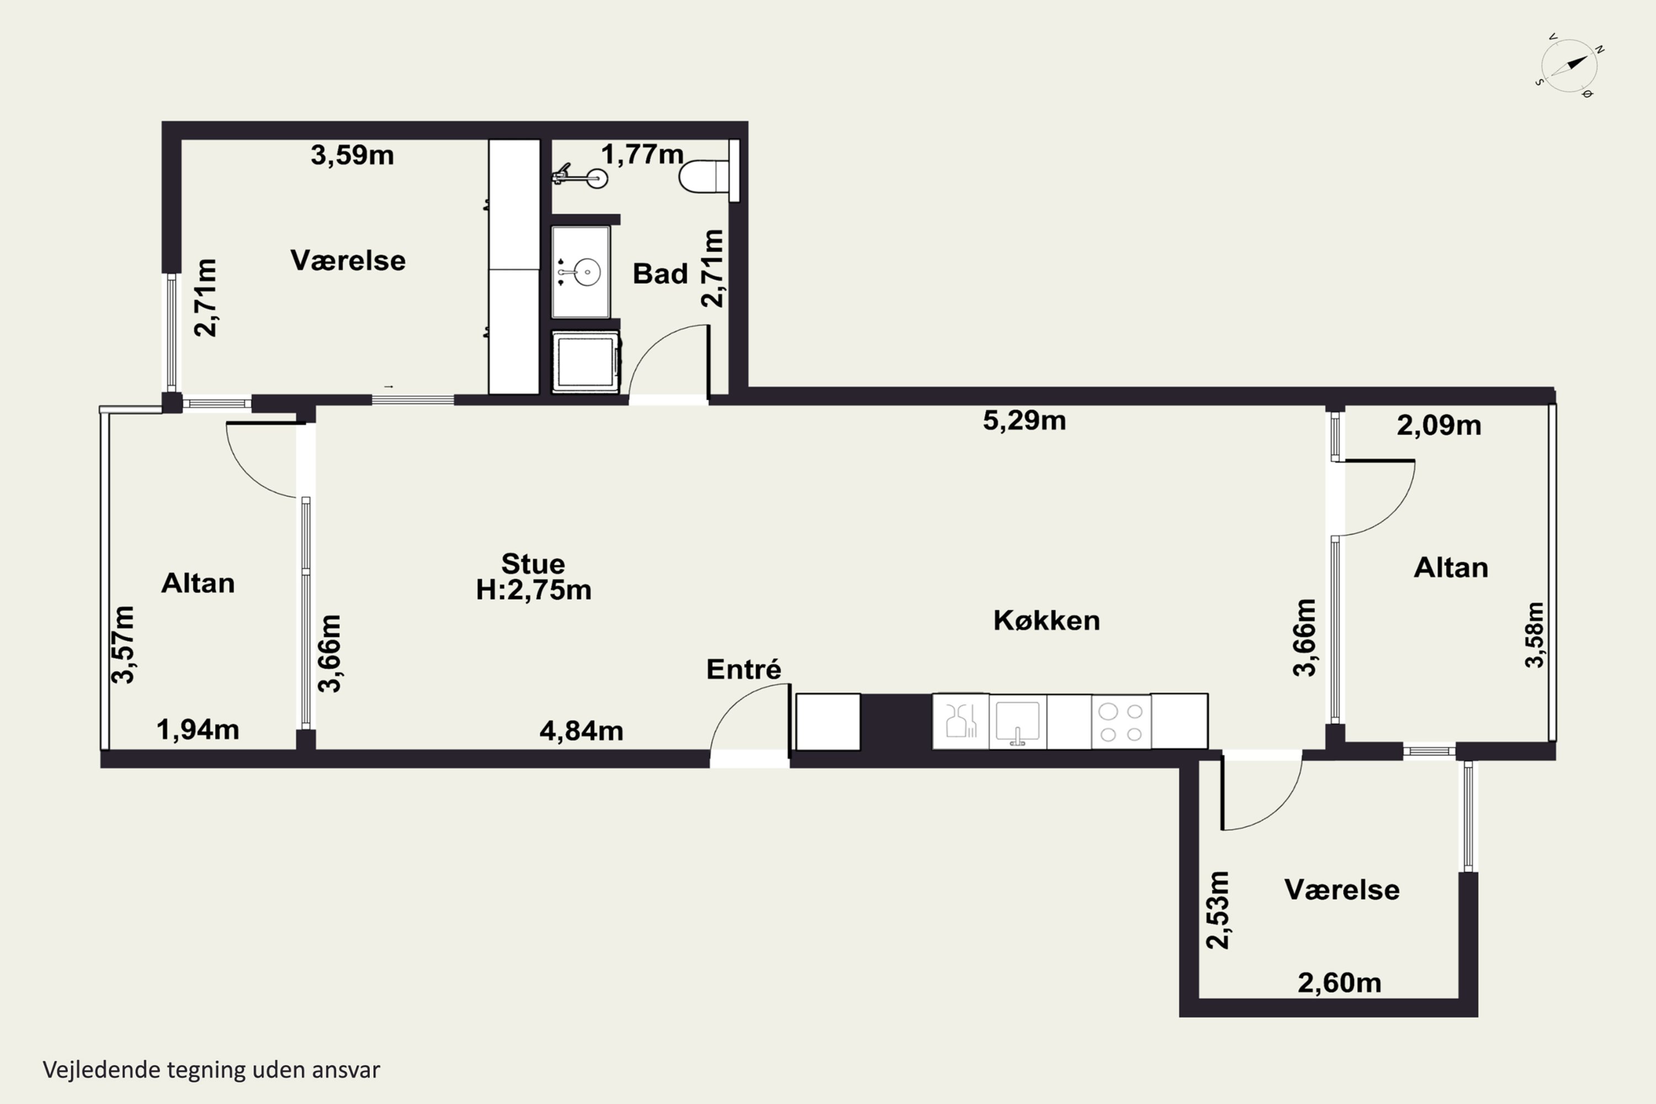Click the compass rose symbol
(1569, 66)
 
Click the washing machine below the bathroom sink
(586, 361)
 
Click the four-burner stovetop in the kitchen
(1121, 721)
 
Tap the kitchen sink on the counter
(1017, 721)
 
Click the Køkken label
(1046, 620)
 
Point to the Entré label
(744, 669)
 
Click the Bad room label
(660, 273)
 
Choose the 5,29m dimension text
(1025, 420)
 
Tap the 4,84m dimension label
(582, 731)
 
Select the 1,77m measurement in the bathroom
(642, 154)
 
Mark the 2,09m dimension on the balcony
(1439, 425)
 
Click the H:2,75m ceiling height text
(534, 590)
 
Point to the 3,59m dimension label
(352, 155)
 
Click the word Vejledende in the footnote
(102, 1070)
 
